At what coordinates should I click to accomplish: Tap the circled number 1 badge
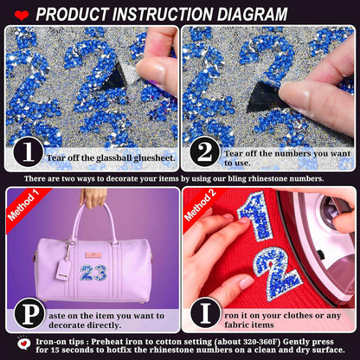click(x=29, y=153)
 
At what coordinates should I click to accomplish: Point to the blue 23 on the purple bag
click(x=93, y=272)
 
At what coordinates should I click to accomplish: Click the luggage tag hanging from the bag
click(x=63, y=268)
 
